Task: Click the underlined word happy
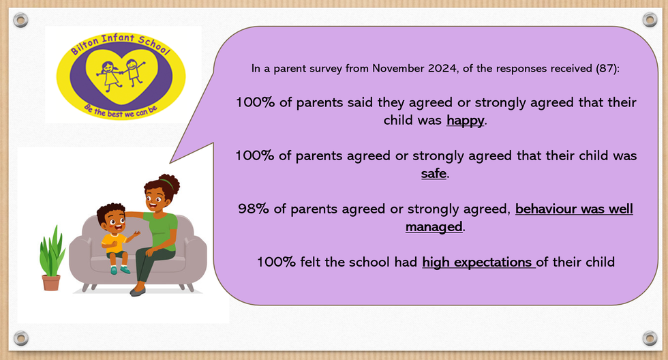465,121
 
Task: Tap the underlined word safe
434,174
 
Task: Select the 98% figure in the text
254,209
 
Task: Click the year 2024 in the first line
442,68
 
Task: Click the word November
398,68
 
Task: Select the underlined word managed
434,227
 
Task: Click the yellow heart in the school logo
122,76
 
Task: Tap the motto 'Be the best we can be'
121,110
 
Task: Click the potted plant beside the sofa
51,258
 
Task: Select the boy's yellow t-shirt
113,243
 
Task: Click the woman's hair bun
170,184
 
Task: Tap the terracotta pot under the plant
51,283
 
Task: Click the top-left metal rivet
20,20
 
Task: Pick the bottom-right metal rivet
650,339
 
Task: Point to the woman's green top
162,230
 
